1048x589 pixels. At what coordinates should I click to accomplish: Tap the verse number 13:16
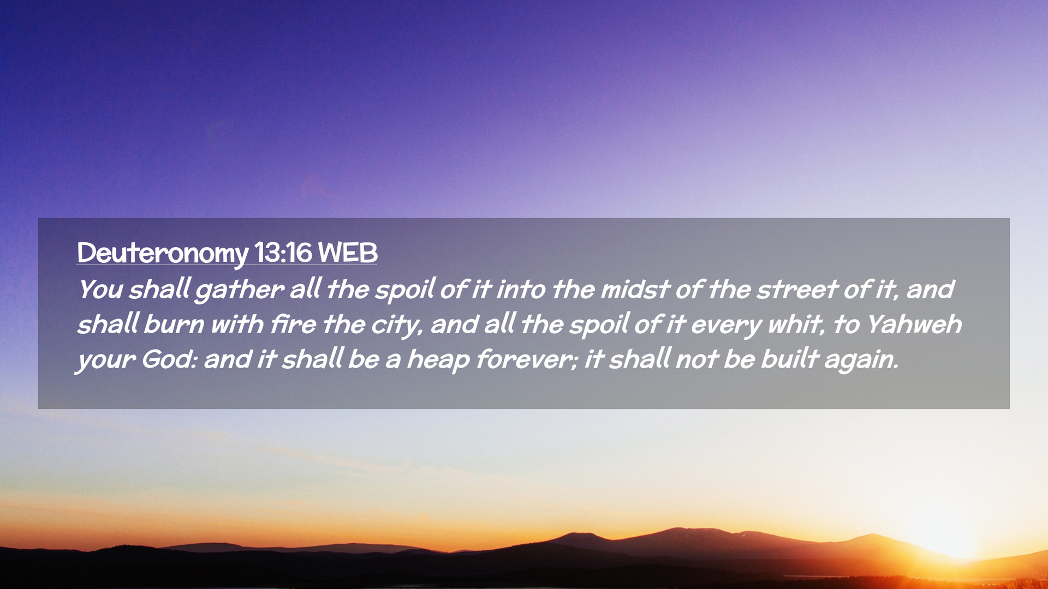(283, 253)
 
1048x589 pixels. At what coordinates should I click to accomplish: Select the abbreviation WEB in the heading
(348, 253)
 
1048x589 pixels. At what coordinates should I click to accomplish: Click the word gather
(239, 290)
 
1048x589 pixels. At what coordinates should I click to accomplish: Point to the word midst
(635, 289)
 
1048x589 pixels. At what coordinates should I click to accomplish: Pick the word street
(796, 289)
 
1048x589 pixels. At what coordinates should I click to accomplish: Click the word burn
(174, 324)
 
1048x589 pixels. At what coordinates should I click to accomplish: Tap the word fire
(293, 324)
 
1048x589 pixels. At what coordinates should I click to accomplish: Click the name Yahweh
(914, 324)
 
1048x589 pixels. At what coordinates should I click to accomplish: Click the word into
(521, 289)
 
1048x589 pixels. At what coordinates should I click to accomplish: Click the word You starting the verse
(100, 289)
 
